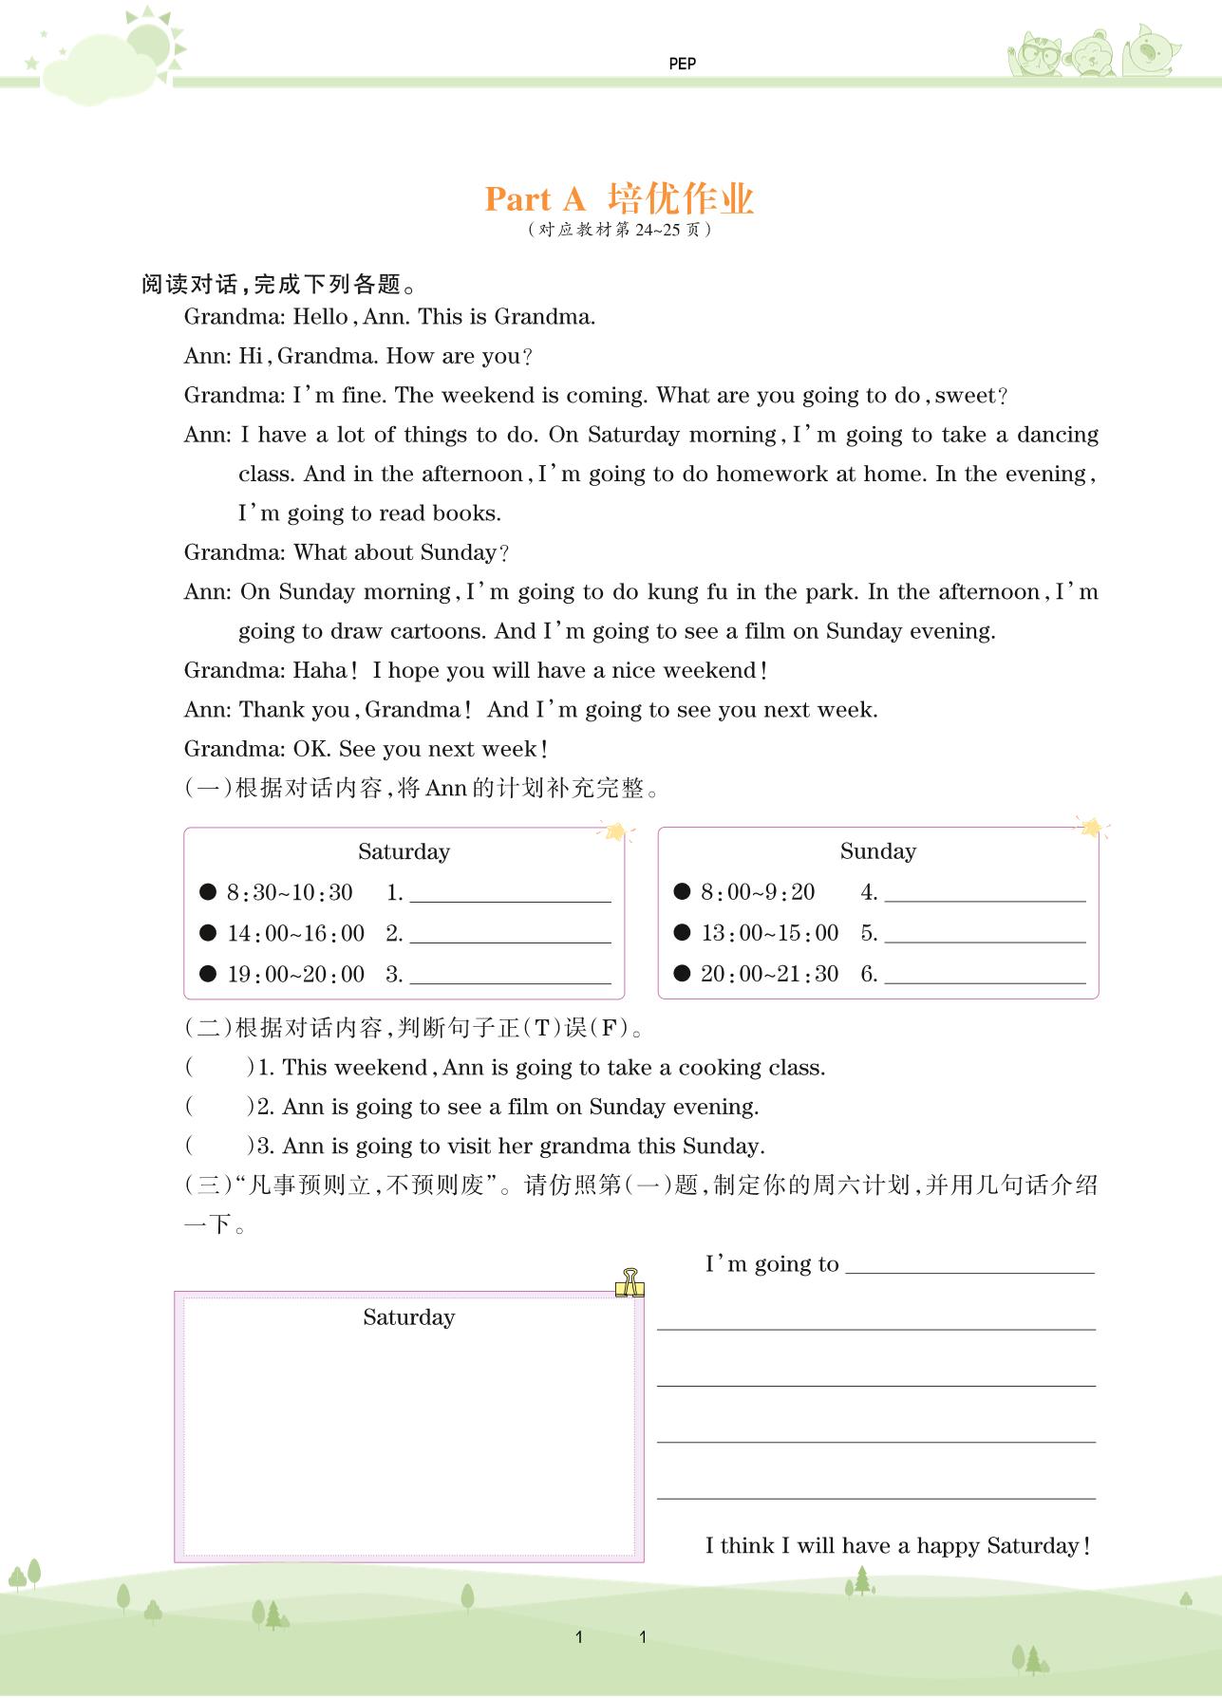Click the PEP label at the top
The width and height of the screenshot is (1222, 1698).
(682, 64)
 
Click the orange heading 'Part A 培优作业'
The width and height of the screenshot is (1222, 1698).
(619, 198)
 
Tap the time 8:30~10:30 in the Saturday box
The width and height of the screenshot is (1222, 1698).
(290, 892)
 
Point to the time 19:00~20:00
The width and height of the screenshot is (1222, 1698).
(295, 974)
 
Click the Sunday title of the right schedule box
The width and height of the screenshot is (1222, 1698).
(877, 851)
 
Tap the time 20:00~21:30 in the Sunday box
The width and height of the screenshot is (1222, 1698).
(769, 974)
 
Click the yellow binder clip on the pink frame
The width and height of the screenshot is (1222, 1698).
(629, 1282)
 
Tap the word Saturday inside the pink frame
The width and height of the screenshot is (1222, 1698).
(408, 1317)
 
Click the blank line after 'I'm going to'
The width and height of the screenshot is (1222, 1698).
(969, 1265)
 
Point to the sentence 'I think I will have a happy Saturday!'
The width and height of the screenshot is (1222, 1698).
(897, 1546)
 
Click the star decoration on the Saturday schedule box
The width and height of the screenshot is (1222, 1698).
(618, 832)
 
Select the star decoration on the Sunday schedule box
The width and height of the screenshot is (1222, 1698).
(1092, 828)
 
